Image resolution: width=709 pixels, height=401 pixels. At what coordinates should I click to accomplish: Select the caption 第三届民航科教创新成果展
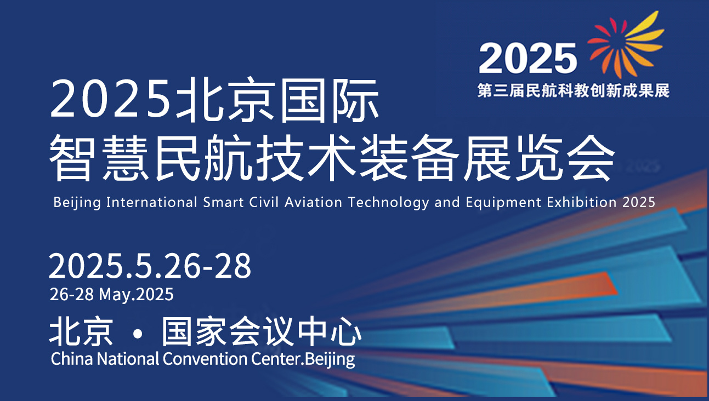coord(574,90)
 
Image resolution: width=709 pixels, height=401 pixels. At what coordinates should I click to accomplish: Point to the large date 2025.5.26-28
coord(150,267)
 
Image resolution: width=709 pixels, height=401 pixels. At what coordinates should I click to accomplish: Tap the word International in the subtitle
coord(151,202)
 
